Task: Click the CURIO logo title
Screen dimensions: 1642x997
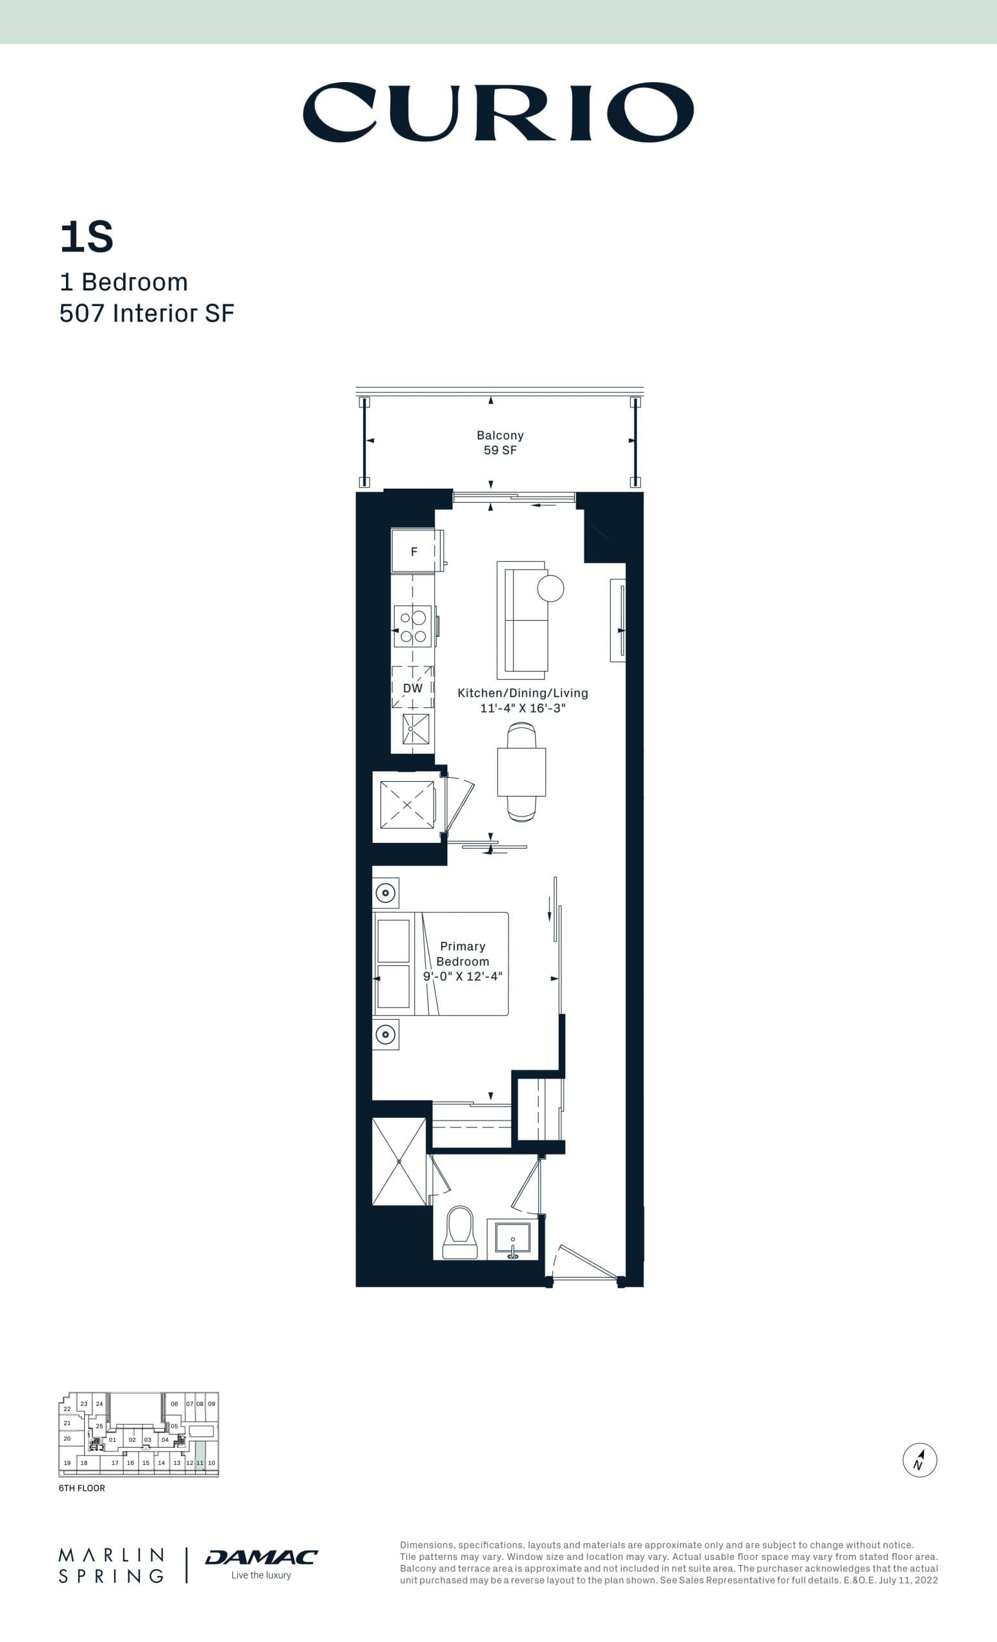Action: pyautogui.click(x=498, y=112)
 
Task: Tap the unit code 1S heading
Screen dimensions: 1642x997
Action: pyautogui.click(x=87, y=237)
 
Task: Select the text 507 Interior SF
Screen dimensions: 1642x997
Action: pyautogui.click(x=147, y=313)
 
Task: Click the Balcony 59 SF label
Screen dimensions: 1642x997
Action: pyautogui.click(x=500, y=443)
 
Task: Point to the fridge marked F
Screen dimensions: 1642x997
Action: pyautogui.click(x=414, y=551)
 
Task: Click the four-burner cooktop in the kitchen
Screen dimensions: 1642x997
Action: pyautogui.click(x=413, y=627)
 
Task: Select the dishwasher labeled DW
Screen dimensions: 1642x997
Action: pyautogui.click(x=413, y=688)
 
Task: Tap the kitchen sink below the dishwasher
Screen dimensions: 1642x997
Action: pyautogui.click(x=416, y=729)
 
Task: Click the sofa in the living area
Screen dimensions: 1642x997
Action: pyautogui.click(x=522, y=620)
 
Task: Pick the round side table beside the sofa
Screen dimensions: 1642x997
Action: pyautogui.click(x=550, y=588)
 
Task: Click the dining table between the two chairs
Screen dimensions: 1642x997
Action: pyautogui.click(x=521, y=772)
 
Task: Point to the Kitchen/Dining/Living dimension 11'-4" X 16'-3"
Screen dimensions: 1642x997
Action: pyautogui.click(x=522, y=707)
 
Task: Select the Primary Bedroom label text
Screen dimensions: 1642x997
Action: pyautogui.click(x=463, y=954)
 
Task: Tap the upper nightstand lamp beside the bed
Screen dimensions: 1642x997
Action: pyautogui.click(x=385, y=893)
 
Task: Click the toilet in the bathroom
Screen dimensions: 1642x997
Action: pyautogui.click(x=460, y=1232)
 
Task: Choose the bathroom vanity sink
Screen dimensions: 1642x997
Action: pyautogui.click(x=513, y=1239)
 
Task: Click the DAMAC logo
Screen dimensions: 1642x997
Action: pyautogui.click(x=261, y=1557)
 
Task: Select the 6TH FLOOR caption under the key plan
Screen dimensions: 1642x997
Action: pyautogui.click(x=81, y=1488)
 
